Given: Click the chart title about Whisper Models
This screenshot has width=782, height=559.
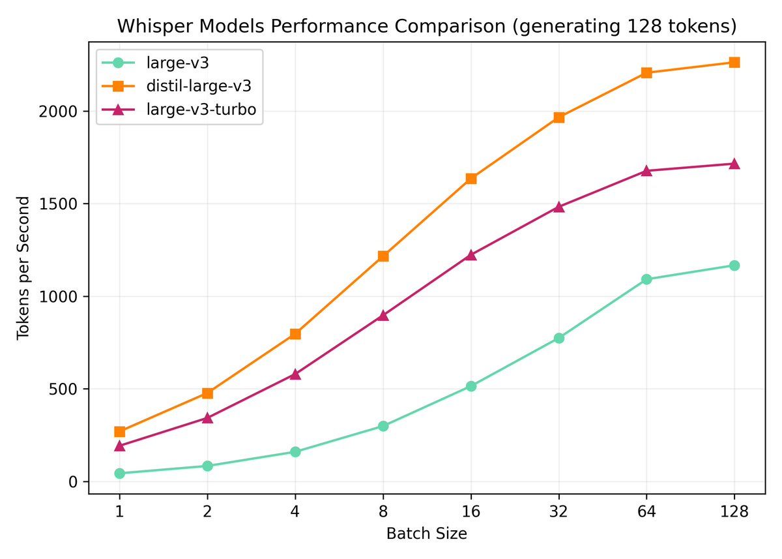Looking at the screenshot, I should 427,27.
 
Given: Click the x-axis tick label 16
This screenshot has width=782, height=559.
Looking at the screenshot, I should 471,511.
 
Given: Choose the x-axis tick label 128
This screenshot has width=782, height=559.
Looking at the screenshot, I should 734,511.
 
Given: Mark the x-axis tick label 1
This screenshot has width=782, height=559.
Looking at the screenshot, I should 119,511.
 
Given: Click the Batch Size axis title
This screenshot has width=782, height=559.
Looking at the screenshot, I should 426,534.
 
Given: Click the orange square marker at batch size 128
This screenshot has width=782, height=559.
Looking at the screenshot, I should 734,63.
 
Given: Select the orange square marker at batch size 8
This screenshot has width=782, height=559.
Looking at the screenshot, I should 383,256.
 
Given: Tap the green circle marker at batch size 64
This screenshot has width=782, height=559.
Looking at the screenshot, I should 646,279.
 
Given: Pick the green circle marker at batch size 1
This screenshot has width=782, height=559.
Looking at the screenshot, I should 119,474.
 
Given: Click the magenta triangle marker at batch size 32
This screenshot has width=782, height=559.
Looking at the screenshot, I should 558,207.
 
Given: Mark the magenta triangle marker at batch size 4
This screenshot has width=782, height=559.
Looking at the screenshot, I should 295,374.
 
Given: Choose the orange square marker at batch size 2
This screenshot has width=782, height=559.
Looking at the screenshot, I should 207,393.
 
